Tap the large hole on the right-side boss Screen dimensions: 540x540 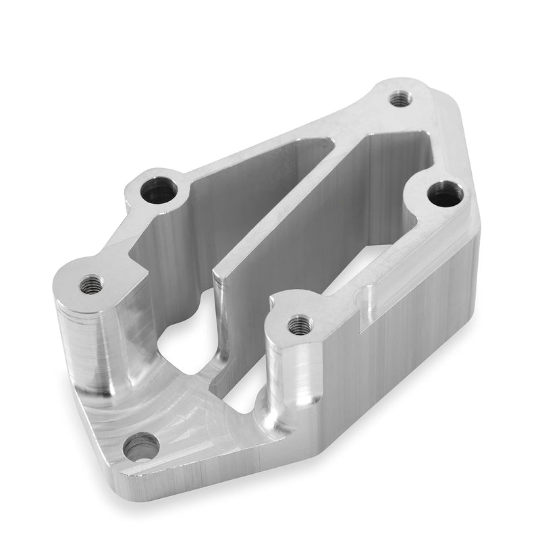pyautogui.click(x=442, y=196)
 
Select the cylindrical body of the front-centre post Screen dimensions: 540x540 pyautogui.click(x=290, y=378)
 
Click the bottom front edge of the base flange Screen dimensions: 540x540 pyautogui.click(x=223, y=473)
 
